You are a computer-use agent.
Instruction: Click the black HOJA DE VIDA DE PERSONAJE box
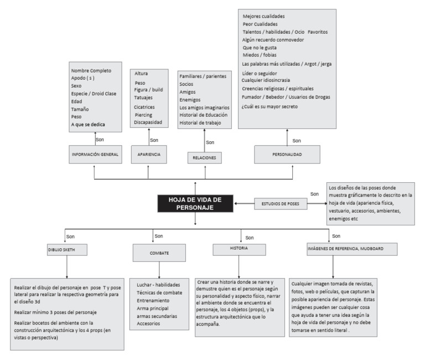pyautogui.click(x=195, y=203)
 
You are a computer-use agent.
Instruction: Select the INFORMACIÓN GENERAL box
pyautogui.click(x=95, y=155)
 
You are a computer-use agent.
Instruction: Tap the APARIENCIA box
pyautogui.click(x=149, y=155)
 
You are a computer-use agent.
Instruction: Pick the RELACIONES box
pyautogui.click(x=204, y=158)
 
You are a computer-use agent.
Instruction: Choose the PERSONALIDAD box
pyautogui.click(x=287, y=155)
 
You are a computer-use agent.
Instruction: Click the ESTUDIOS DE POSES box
pyautogui.click(x=281, y=204)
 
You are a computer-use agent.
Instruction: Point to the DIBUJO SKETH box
pyautogui.click(x=67, y=250)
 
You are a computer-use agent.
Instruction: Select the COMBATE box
pyautogui.click(x=159, y=253)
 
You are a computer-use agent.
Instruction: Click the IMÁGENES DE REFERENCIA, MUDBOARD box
pyautogui.click(x=352, y=249)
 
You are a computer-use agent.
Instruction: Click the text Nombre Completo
pyautogui.click(x=91, y=70)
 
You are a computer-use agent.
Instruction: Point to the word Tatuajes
pyautogui.click(x=143, y=97)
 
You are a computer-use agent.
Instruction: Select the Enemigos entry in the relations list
pyautogui.click(x=190, y=100)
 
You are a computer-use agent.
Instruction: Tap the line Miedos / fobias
pyautogui.click(x=260, y=55)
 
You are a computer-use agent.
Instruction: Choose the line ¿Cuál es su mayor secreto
pyautogui.click(x=269, y=106)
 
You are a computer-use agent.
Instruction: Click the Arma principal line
pyautogui.click(x=153, y=308)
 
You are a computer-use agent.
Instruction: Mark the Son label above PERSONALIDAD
pyautogui.click(x=297, y=141)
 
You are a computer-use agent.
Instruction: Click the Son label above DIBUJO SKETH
pyautogui.click(x=70, y=236)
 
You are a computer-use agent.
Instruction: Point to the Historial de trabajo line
pyautogui.click(x=200, y=123)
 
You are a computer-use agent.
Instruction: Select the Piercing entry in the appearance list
pyautogui.click(x=143, y=115)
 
